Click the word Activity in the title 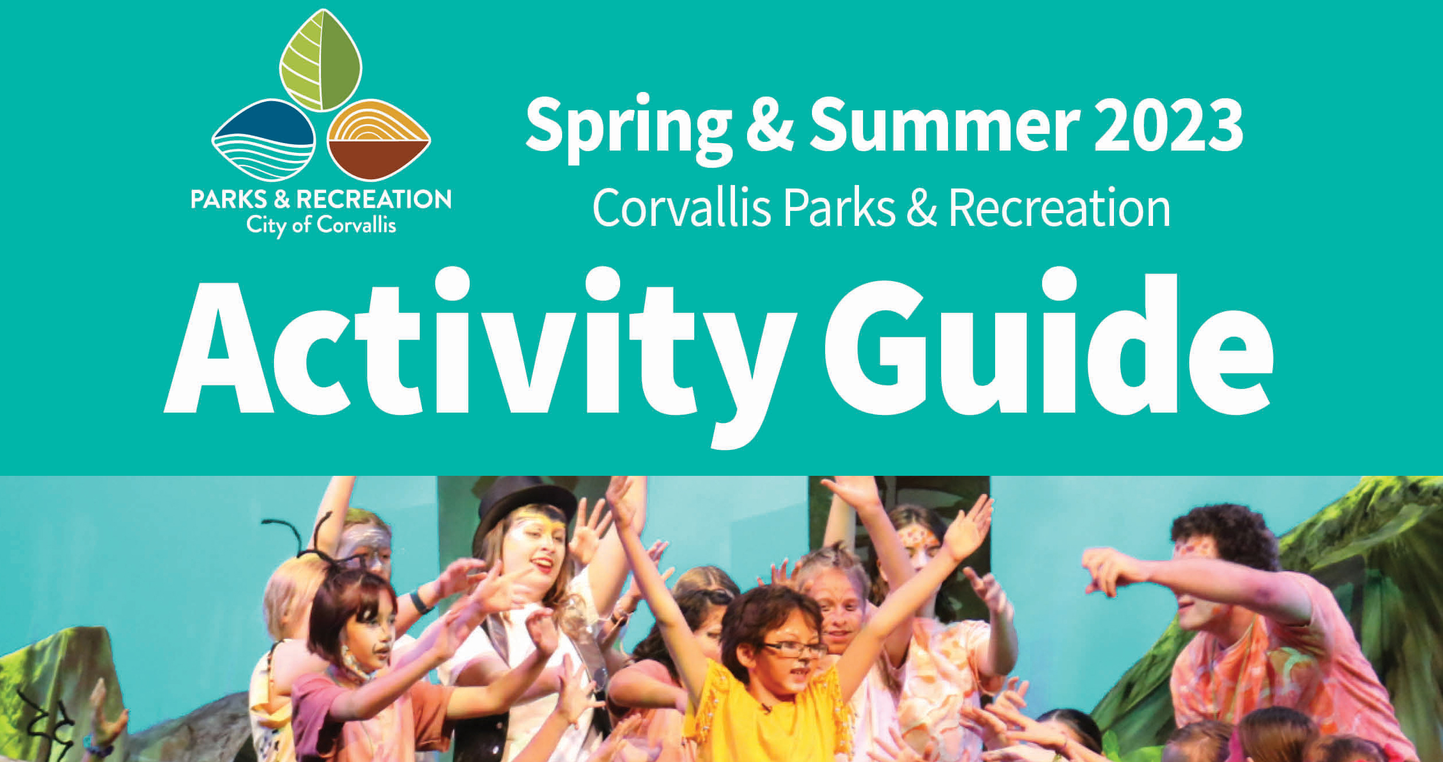coord(480,356)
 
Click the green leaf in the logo coord(321,60)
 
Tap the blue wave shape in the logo coord(264,141)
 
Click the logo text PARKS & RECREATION coord(321,199)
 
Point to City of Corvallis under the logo coord(321,225)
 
